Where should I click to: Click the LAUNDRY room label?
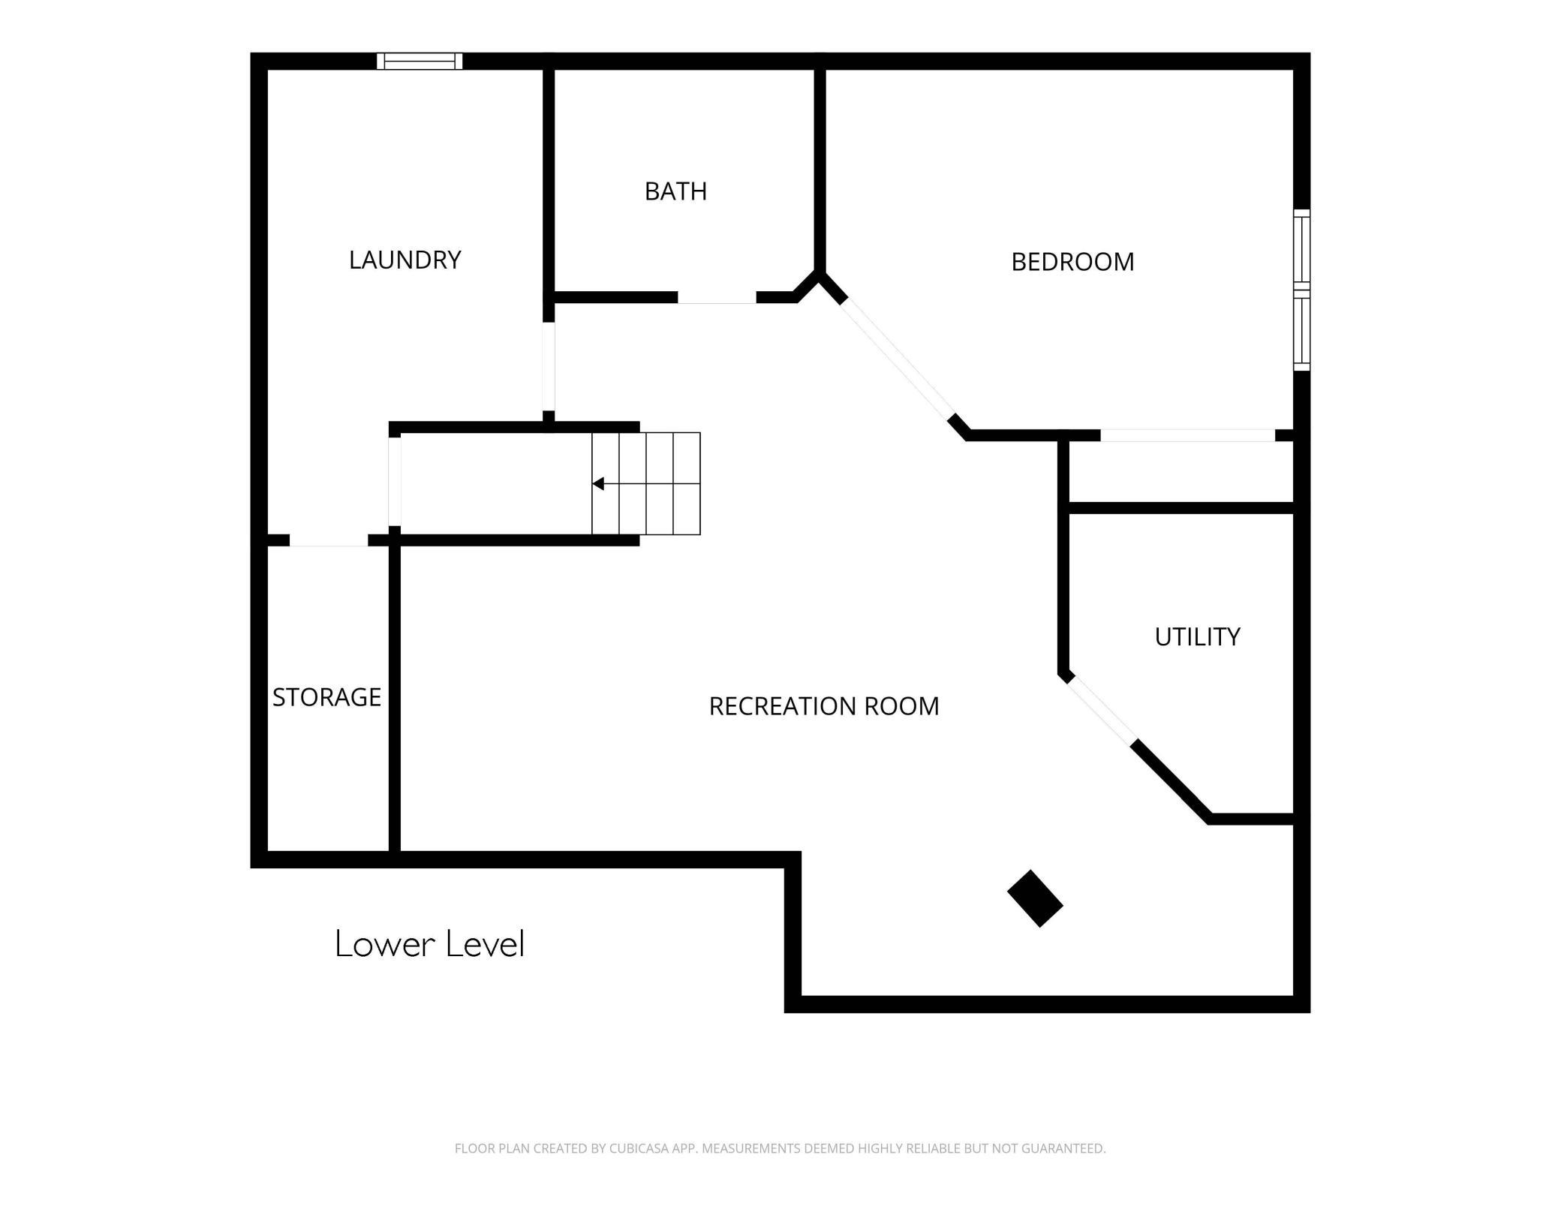pos(405,260)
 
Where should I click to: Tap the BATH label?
pos(675,191)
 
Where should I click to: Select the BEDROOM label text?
pos(1072,262)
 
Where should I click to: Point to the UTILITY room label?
pos(1197,636)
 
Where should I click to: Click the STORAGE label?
pos(326,697)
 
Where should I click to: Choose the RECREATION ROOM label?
pos(824,706)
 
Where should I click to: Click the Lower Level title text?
pos(429,943)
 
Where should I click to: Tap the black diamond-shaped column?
pos(1035,898)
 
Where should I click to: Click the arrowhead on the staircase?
pos(598,483)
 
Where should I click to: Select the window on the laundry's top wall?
pos(420,61)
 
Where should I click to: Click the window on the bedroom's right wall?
pos(1302,290)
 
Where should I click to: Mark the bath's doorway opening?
pos(717,298)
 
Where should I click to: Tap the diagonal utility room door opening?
pos(1101,709)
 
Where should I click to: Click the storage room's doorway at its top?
pos(329,540)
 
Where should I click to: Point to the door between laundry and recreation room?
pos(549,366)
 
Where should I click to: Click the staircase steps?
pos(646,483)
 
